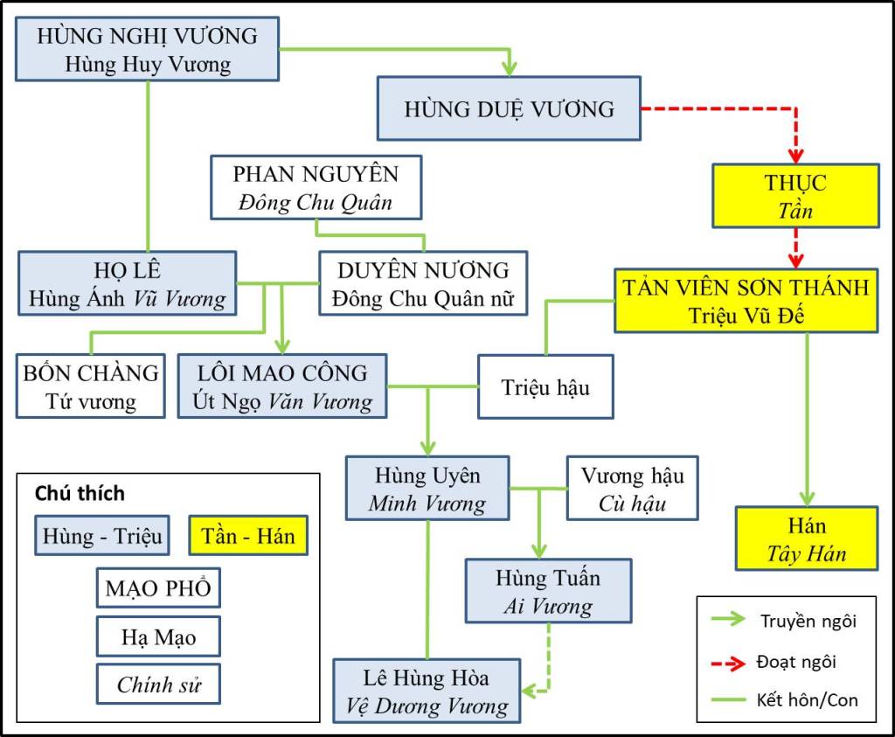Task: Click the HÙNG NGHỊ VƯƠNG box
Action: click(x=147, y=49)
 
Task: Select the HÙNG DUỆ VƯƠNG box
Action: click(x=509, y=108)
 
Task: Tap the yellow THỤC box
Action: click(x=795, y=196)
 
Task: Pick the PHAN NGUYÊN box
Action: click(x=316, y=187)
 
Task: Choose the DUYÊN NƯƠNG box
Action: click(x=424, y=282)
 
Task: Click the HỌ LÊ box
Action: click(x=128, y=283)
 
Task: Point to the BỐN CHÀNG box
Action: click(x=91, y=386)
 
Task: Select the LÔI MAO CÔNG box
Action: click(x=281, y=386)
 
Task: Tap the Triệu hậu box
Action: click(x=546, y=386)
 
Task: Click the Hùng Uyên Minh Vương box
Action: click(x=427, y=488)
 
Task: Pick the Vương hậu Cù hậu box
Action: click(x=633, y=488)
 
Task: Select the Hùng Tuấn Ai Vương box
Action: click(x=548, y=591)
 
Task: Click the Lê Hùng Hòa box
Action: click(x=427, y=691)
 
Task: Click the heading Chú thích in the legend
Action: click(x=80, y=492)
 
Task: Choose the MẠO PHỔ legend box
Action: click(x=158, y=588)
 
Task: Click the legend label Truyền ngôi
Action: click(x=808, y=622)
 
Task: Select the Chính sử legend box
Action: click(x=158, y=685)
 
